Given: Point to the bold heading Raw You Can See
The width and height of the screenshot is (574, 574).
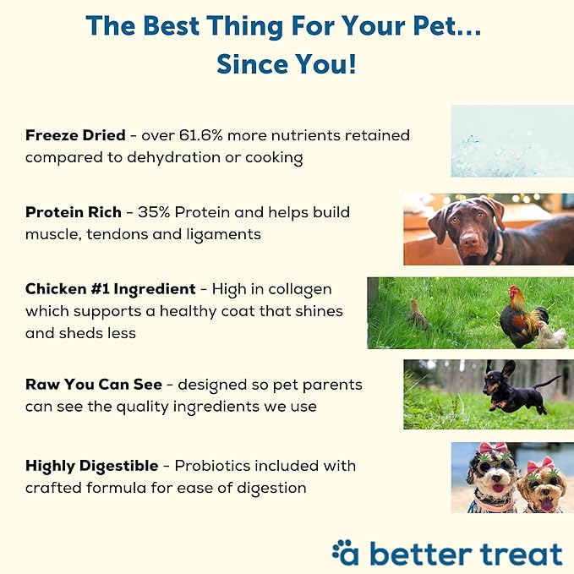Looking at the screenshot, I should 93,385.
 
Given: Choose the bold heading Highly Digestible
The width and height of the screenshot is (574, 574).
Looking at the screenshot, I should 91,466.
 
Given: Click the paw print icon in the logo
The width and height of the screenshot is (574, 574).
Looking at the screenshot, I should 347,552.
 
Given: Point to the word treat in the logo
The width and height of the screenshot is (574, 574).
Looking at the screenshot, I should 515,554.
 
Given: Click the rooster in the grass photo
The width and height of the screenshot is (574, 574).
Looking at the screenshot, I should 518,316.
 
